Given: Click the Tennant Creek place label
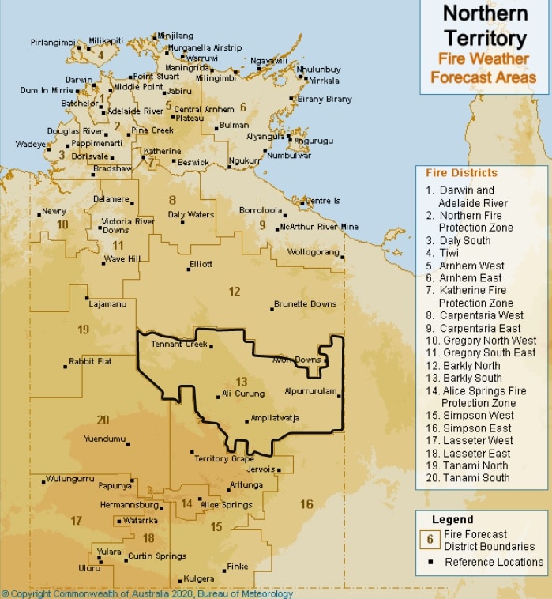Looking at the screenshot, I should pyautogui.click(x=178, y=345).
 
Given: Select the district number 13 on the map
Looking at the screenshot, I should pyautogui.click(x=242, y=382).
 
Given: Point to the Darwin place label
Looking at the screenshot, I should pyautogui.click(x=79, y=80).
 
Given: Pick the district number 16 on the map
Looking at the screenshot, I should pyautogui.click(x=306, y=504).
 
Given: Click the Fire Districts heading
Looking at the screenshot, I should pyautogui.click(x=461, y=173).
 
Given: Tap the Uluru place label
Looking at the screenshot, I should pyautogui.click(x=88, y=567).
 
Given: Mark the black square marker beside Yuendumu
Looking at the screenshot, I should pyautogui.click(x=128, y=444).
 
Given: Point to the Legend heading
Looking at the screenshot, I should pyautogui.click(x=452, y=519).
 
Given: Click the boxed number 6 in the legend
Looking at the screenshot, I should pyautogui.click(x=430, y=540).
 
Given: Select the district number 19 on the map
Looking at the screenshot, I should pyautogui.click(x=84, y=329).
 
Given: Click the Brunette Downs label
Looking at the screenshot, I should pyautogui.click(x=305, y=304).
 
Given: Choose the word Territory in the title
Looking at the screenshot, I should pyautogui.click(x=484, y=37).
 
